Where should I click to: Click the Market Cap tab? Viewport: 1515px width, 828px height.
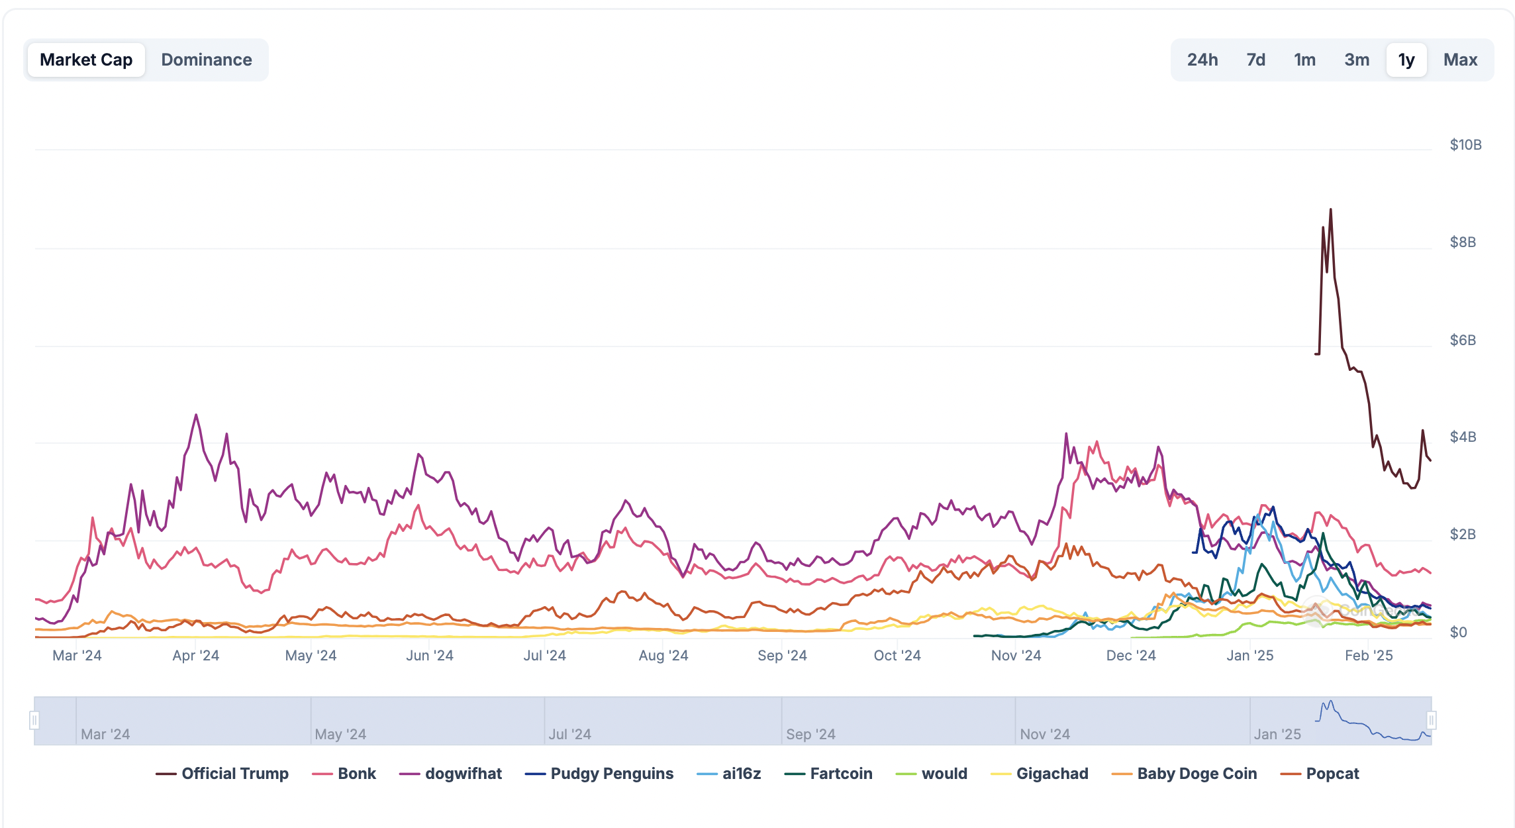pos(86,60)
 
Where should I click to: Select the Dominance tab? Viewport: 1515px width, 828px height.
pos(207,60)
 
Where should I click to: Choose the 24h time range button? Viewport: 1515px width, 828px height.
pos(1202,60)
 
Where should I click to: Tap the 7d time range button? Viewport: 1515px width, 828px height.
pos(1255,60)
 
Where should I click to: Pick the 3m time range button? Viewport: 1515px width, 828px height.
pos(1356,60)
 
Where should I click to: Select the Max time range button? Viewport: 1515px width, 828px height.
pos(1460,60)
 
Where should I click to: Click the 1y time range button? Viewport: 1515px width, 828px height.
pos(1406,60)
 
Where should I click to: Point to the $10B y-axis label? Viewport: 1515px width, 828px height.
pos(1465,144)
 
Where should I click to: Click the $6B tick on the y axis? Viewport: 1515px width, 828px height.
pos(1463,340)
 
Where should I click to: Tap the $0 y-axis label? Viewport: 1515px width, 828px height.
pos(1458,632)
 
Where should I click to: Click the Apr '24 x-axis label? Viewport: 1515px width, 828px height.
pos(195,655)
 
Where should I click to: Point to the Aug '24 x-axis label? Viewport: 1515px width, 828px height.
pos(663,655)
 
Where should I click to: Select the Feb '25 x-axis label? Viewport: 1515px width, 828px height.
pos(1369,655)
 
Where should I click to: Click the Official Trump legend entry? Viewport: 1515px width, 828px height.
pos(222,774)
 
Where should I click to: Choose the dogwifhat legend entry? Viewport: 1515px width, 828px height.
pos(451,774)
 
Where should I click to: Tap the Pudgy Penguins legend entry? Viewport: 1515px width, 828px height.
pos(599,774)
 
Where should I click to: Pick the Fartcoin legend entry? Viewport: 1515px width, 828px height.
pos(828,774)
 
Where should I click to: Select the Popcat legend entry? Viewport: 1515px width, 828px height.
pos(1320,774)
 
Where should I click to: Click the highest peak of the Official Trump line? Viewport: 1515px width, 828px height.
pos(1330,210)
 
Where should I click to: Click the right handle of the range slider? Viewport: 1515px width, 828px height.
pos(1431,720)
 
